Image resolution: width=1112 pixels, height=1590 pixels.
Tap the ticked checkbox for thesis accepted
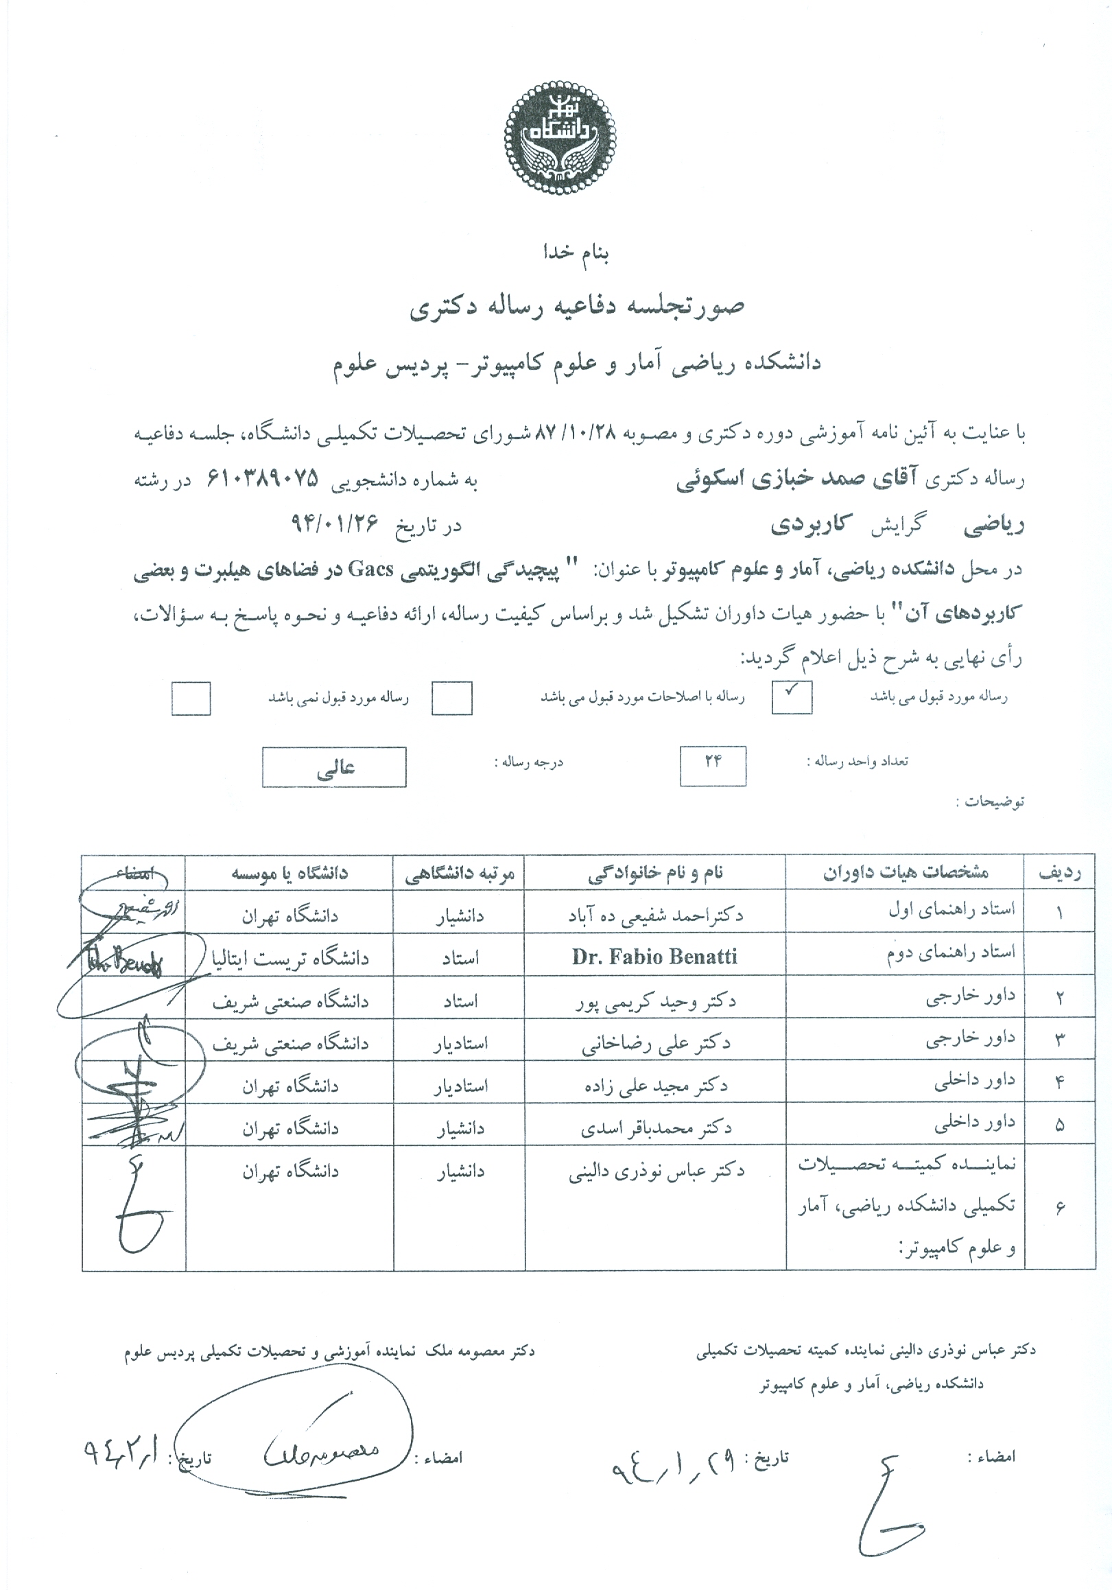[x=792, y=697]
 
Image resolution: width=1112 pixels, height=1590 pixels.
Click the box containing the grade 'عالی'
[x=334, y=767]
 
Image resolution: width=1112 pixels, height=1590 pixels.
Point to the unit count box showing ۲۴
[x=713, y=765]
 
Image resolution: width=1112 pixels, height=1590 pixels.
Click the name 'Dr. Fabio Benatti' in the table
[x=654, y=957]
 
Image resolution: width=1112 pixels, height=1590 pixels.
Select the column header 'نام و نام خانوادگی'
[x=654, y=873]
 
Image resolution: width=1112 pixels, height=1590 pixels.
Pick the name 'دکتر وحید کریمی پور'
[x=655, y=1001]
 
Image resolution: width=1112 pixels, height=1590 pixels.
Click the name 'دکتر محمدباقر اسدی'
[x=654, y=1128]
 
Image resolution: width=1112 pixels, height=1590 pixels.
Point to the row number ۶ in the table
[x=1059, y=1207]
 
